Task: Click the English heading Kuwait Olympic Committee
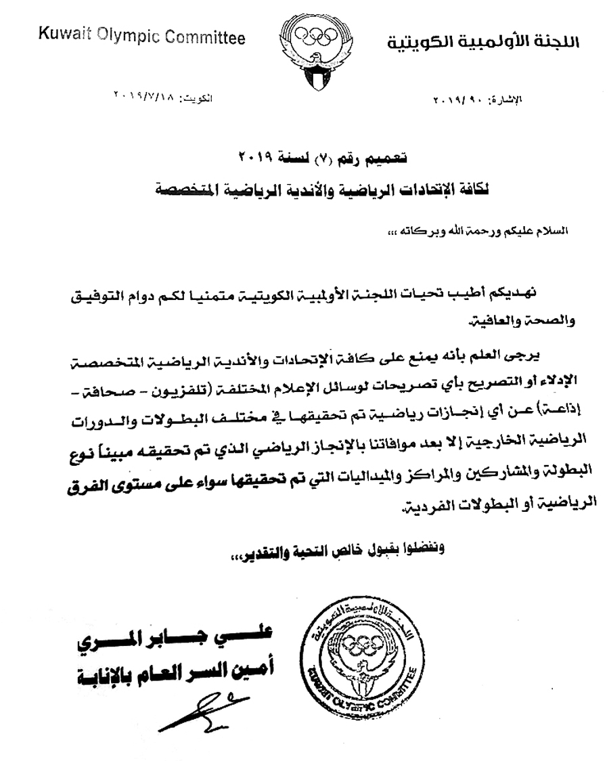pos(141,39)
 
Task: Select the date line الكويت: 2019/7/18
pos(162,98)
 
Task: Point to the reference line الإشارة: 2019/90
pos(478,100)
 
